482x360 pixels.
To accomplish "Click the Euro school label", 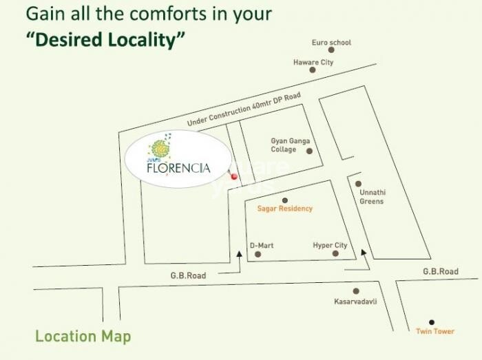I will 331,43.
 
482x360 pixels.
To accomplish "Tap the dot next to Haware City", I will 313,70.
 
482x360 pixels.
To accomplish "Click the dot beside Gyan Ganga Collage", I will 309,151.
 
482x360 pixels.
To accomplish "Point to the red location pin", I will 234,177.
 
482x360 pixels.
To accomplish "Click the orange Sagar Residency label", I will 284,208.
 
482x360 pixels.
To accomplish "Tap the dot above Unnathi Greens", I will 358,184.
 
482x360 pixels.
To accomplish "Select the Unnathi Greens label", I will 371,197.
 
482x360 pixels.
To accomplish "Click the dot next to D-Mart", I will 258,254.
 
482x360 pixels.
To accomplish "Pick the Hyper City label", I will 330,245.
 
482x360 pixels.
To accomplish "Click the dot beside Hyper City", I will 335,254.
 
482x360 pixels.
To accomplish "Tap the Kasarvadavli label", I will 355,302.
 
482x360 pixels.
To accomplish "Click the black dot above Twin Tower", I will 432,321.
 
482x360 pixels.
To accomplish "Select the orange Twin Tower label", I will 435,332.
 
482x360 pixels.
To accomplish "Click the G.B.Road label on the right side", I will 440,272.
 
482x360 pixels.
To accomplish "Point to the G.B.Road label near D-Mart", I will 188,275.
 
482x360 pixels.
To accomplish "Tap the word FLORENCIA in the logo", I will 177,167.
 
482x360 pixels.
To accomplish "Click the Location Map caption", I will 83,337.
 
